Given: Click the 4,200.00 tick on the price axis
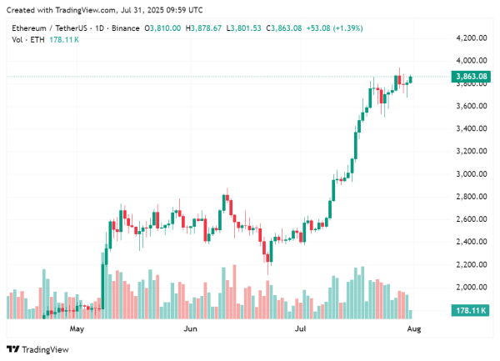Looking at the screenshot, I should (x=472, y=38).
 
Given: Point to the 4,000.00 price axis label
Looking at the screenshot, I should (x=472, y=61).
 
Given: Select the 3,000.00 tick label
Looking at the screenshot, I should (x=472, y=174).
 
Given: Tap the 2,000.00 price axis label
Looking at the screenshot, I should (x=472, y=287).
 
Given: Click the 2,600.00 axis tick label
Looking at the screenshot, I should (x=472, y=219).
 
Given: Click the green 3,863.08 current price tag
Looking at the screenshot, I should (x=472, y=77).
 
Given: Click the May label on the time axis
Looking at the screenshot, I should (x=77, y=329).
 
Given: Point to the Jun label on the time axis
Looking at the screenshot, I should (x=190, y=329).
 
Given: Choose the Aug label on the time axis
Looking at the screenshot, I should (x=413, y=329).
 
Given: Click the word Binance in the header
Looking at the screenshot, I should (x=124, y=28).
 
